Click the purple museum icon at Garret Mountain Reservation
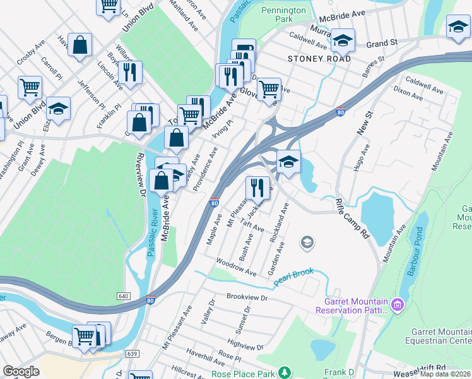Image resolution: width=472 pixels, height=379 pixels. [x=397, y=306]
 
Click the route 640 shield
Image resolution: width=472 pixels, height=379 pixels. [x=124, y=296]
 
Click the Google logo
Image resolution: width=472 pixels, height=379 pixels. [x=21, y=371]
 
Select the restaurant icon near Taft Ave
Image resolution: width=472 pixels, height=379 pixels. [x=257, y=186]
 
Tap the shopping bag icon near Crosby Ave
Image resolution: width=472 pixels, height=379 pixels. [x=80, y=45]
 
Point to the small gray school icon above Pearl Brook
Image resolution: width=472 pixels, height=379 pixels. [x=307, y=242]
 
